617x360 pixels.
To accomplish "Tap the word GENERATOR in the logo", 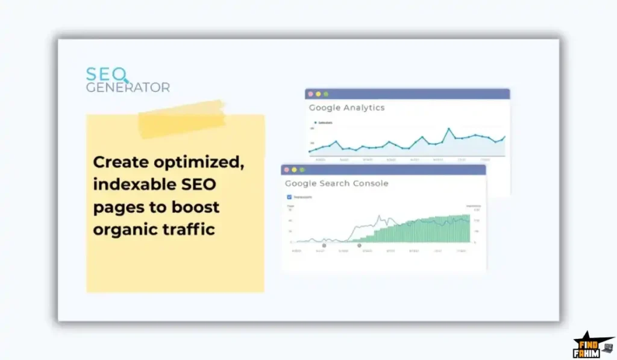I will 127,87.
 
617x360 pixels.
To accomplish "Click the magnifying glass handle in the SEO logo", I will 127,81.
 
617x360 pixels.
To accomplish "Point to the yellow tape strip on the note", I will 182,119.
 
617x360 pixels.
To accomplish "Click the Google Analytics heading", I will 346,108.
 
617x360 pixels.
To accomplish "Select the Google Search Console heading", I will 336,183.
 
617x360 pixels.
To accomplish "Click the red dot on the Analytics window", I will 311,94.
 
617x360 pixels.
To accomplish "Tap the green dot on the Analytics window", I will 326,94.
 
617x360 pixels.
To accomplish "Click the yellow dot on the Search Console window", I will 294,170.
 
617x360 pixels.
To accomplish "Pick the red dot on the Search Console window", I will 286,170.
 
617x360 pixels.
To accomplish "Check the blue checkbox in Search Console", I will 289,197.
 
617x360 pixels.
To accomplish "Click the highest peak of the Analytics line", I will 449,128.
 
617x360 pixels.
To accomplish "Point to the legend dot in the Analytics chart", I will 315,122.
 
